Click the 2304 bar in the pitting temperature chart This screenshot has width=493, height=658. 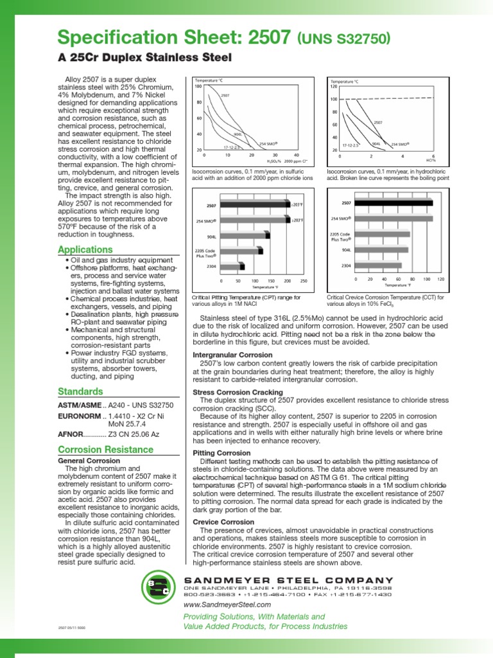pos(232,265)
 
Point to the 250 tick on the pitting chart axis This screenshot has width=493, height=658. pos(304,281)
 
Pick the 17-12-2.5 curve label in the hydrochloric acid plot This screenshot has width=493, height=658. pos(351,146)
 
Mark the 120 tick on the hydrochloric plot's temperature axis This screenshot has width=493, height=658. pos(333,86)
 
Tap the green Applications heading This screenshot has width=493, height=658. pos(85,249)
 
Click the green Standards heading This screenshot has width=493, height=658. pos(80,391)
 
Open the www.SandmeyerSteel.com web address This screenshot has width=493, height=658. pos(227,605)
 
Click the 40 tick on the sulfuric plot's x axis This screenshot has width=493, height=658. pos(296,155)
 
